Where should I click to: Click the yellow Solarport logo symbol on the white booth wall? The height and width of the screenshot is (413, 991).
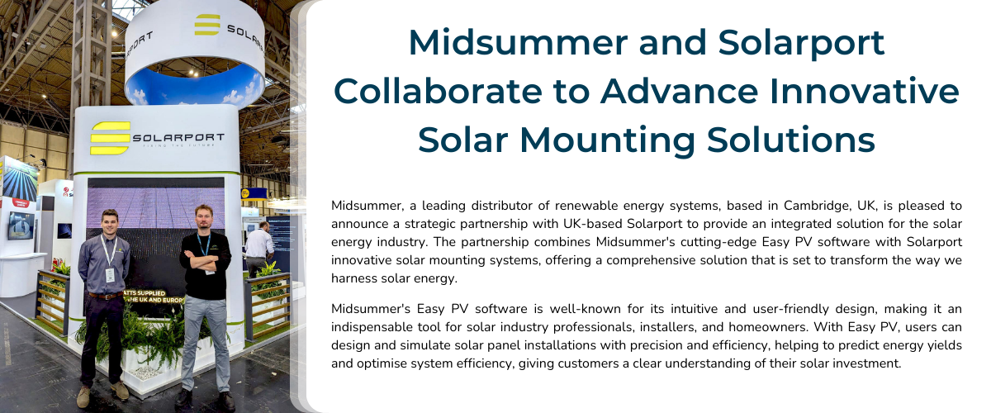click(x=110, y=138)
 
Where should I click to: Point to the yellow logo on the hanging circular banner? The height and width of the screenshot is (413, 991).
click(x=206, y=25)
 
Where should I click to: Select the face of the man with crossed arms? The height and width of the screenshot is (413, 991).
click(x=202, y=217)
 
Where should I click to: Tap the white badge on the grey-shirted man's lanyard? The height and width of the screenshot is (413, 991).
click(x=109, y=274)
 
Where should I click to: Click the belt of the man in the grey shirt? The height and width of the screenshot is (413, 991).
click(x=102, y=295)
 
